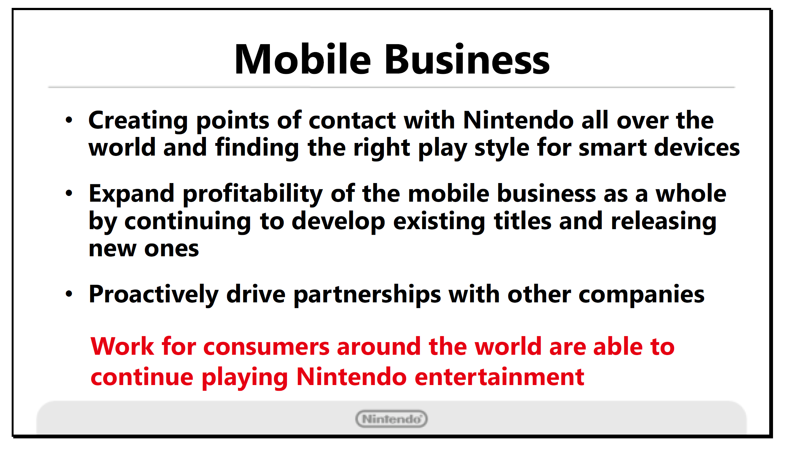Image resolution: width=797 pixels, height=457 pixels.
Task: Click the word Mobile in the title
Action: (303, 59)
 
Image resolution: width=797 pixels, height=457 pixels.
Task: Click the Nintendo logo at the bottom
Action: (391, 419)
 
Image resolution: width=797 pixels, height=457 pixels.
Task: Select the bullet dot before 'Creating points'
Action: (69, 120)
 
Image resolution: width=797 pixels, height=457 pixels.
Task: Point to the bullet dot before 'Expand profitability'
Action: (69, 193)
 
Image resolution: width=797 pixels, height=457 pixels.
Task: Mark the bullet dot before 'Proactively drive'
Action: (69, 294)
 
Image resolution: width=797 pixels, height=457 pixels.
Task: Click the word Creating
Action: (138, 121)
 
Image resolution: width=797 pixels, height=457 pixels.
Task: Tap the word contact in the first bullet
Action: (352, 121)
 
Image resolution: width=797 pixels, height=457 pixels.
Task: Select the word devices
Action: (697, 147)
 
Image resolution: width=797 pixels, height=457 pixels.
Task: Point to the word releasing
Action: (663, 222)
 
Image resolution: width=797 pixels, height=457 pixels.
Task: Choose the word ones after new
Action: (172, 249)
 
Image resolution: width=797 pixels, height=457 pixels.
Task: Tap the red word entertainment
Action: (499, 377)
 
